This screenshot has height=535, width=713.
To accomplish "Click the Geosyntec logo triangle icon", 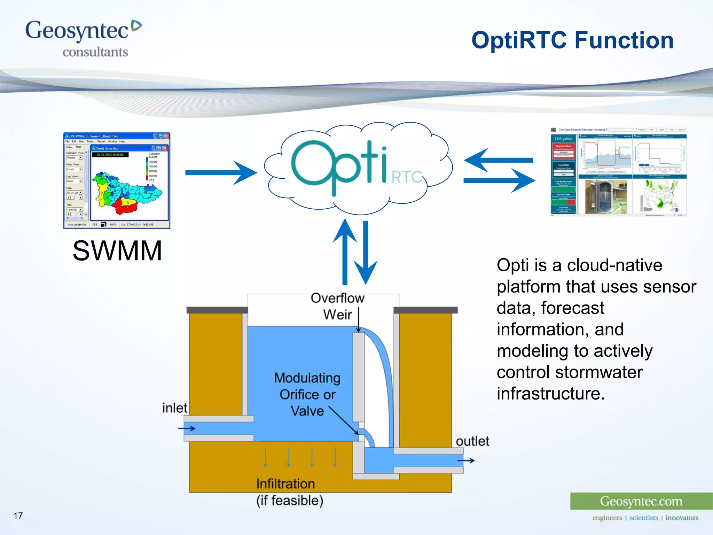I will coord(136,26).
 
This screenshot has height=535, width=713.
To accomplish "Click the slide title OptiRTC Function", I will coord(572,40).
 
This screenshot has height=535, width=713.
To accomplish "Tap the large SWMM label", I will coord(117,251).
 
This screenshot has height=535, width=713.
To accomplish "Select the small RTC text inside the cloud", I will coord(406,177).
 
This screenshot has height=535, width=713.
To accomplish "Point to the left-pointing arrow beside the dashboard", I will coord(498,160).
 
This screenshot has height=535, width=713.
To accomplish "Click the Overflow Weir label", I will coord(337,306).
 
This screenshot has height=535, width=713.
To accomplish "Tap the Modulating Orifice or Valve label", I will coord(307,394).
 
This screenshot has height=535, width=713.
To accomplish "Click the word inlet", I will coord(174,408).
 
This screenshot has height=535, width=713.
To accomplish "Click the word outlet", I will coord(472,441).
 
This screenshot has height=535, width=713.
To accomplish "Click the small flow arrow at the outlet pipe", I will coord(466,460).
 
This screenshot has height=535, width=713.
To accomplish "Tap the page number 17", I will coord(18,515).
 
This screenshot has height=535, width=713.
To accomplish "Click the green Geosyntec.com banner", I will coord(641,501).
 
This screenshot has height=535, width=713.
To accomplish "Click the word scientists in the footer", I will coord(644,518).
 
